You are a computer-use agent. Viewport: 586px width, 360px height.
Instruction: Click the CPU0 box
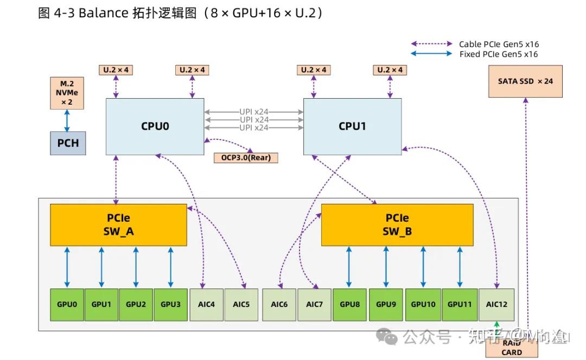(155, 126)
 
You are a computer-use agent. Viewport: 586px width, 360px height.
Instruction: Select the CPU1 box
(352, 126)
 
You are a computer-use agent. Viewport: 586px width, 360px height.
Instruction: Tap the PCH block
(68, 143)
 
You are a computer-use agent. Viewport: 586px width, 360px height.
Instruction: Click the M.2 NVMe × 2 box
(67, 93)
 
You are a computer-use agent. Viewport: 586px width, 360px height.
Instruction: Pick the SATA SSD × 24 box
(525, 81)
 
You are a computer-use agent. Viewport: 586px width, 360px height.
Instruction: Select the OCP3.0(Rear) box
(246, 158)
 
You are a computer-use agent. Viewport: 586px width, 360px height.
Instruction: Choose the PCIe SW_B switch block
(397, 224)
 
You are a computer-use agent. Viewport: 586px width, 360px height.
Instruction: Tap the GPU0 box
(67, 304)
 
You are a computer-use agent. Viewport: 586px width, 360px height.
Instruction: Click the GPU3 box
(170, 304)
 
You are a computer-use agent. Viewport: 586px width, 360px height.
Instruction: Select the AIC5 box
(241, 304)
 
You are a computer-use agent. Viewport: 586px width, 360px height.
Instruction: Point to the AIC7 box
(314, 304)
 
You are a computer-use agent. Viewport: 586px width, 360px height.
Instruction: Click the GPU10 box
(423, 304)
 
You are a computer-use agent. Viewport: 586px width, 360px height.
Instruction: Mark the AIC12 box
(496, 304)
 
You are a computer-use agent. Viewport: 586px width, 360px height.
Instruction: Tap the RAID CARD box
(511, 348)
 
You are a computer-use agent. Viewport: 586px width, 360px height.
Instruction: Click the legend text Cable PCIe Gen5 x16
(499, 44)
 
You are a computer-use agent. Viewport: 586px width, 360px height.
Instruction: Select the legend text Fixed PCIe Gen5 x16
(499, 54)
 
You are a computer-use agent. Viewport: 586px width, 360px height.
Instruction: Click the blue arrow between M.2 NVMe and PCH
(67, 120)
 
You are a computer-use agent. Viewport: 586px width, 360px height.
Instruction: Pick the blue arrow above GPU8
(349, 267)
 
